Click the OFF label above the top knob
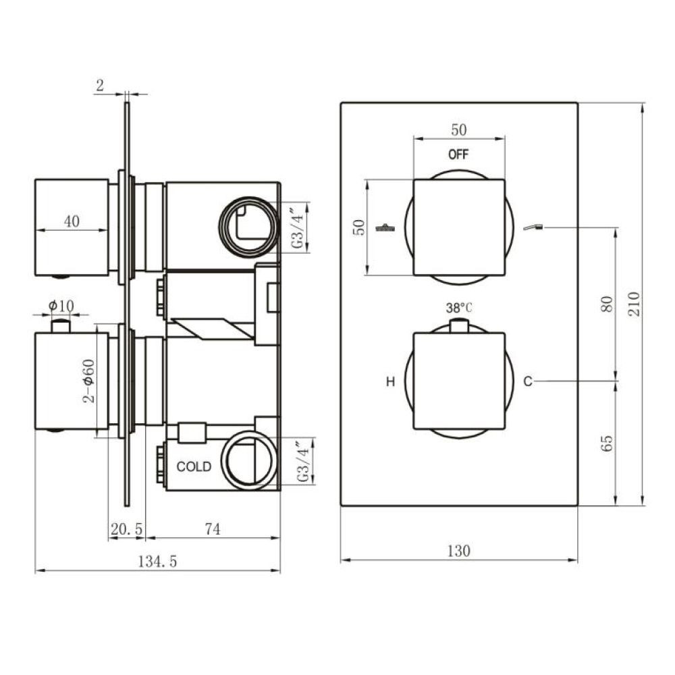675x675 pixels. point(458,154)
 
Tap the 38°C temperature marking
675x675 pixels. point(459,308)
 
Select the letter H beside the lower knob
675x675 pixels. point(390,382)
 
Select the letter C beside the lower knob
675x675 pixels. point(528,382)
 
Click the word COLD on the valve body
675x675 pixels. point(194,466)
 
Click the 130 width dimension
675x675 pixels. point(458,550)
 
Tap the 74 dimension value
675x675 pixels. point(212,529)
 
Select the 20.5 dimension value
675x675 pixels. point(126,529)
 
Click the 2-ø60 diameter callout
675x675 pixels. point(88,381)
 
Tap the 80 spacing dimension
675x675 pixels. point(606,304)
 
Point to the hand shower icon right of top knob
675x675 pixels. point(533,227)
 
